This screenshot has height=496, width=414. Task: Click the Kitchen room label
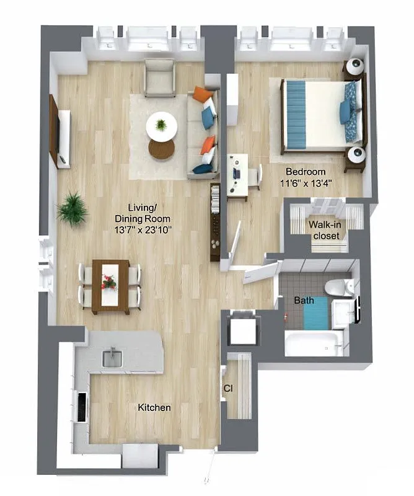coord(154,408)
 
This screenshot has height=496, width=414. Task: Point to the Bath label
coord(304,301)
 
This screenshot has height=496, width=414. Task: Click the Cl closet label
coord(227,389)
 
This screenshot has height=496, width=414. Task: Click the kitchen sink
coord(113,358)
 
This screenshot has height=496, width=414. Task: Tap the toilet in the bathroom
coord(338,286)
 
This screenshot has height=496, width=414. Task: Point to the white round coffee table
coord(161,126)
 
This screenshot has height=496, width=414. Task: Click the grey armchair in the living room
coord(160,77)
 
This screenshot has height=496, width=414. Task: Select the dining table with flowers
coord(110,285)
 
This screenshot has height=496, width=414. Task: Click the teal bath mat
coord(315,313)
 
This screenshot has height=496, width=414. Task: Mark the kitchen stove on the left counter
coord(81,406)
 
